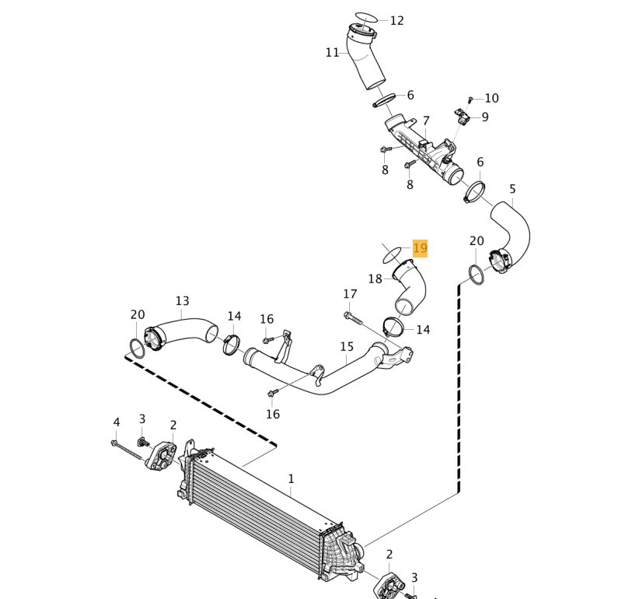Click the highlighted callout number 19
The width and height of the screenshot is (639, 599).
(x=420, y=248)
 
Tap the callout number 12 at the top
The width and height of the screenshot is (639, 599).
(x=397, y=20)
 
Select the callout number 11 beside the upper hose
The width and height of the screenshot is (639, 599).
(x=332, y=53)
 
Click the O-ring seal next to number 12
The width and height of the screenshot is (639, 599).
(x=366, y=18)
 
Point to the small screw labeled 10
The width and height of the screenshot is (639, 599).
(x=470, y=99)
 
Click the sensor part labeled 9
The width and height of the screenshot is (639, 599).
(x=462, y=116)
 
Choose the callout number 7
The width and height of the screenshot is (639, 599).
(x=426, y=121)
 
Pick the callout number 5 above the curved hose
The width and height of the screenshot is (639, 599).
(x=512, y=189)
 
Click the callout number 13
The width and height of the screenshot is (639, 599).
(x=182, y=301)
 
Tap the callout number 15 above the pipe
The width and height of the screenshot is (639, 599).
(x=347, y=347)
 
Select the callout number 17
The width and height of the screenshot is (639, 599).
(x=350, y=294)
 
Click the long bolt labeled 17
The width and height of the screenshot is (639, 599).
(x=354, y=319)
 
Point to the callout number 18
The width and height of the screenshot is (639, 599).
(x=375, y=279)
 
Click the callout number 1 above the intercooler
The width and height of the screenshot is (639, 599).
(x=291, y=478)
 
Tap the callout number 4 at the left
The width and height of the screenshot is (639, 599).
(x=117, y=422)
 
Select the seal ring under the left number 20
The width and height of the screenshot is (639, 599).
(x=137, y=349)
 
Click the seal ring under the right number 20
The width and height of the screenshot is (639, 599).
(x=477, y=275)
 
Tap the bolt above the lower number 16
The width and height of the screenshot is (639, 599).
(x=272, y=393)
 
